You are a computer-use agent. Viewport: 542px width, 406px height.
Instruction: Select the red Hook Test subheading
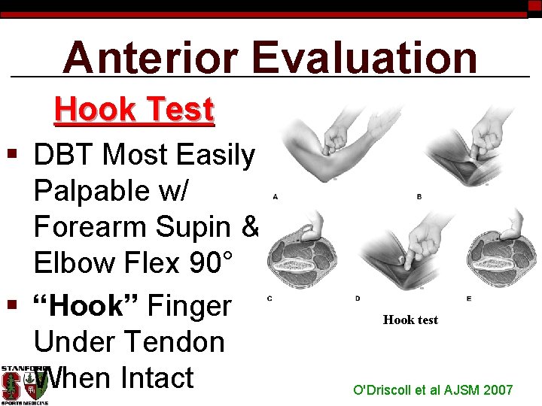click(134, 110)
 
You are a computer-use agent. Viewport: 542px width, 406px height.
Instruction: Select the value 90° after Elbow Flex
click(209, 263)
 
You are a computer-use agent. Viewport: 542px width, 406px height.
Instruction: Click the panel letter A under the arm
click(275, 197)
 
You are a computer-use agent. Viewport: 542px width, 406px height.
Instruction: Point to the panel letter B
click(419, 197)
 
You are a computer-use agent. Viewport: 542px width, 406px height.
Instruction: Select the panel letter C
click(269, 298)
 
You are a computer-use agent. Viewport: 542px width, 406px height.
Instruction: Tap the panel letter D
click(358, 298)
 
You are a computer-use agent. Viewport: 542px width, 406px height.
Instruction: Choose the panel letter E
click(468, 298)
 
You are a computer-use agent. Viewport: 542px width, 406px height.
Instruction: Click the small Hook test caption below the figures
click(410, 320)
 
